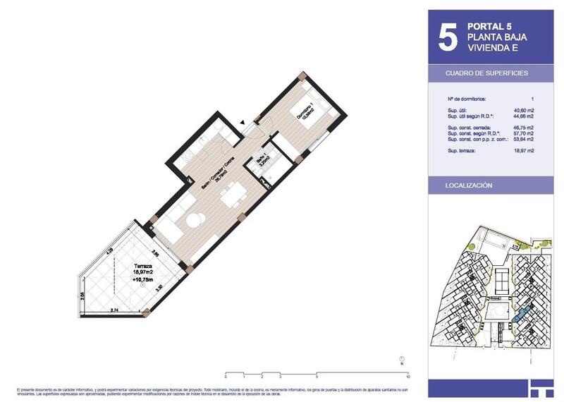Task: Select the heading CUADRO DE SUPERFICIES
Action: (486, 73)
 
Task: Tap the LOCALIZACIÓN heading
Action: (469, 185)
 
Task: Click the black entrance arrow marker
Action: (243, 123)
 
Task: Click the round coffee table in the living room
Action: (193, 221)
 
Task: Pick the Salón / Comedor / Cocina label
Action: (211, 171)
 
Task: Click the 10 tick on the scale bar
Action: (409, 377)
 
